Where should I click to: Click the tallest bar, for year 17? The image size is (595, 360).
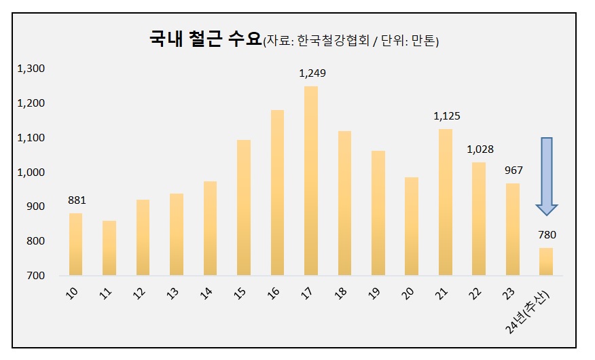[310, 181]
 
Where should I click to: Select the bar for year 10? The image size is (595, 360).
[75, 244]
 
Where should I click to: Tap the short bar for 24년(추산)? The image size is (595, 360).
[546, 262]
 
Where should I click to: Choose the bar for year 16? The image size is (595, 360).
[277, 192]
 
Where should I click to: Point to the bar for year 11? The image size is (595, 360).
[109, 248]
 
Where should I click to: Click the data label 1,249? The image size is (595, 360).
[312, 73]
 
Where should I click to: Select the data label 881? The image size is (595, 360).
[77, 200]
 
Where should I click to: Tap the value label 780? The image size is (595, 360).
[547, 235]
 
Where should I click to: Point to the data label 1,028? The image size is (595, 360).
[480, 149]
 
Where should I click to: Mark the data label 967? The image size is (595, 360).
[513, 170]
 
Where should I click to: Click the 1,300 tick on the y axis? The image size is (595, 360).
[31, 69]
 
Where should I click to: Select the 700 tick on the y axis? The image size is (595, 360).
[36, 276]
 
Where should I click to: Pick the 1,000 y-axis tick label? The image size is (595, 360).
[31, 173]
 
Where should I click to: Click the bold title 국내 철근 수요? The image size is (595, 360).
[205, 39]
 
